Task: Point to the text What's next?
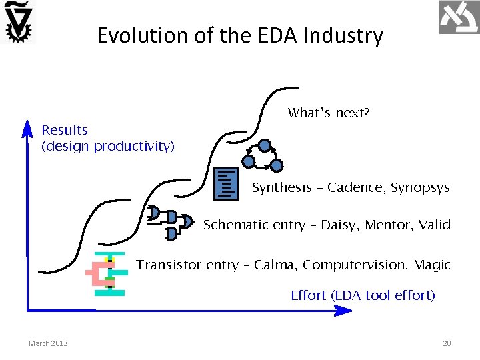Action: [x=329, y=113]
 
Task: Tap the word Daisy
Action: [x=337, y=225]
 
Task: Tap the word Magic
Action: [x=432, y=265]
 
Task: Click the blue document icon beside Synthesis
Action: [x=227, y=184]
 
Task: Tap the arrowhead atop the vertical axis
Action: [x=27, y=126]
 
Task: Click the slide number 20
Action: [x=447, y=343]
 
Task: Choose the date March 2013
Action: [x=48, y=343]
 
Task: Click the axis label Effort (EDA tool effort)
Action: [x=363, y=295]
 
